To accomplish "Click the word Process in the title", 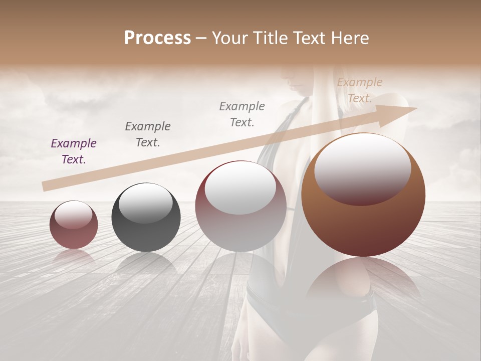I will (x=157, y=38).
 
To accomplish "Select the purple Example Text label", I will (x=74, y=151).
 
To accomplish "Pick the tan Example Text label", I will (x=359, y=90).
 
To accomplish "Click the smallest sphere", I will (x=74, y=225).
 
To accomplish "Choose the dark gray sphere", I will (x=146, y=217).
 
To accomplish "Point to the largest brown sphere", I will (x=363, y=196).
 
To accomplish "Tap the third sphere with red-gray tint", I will (x=241, y=207).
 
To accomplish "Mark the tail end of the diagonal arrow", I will (x=44, y=187).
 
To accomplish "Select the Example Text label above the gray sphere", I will (x=148, y=134).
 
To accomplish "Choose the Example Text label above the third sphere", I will (x=242, y=114).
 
